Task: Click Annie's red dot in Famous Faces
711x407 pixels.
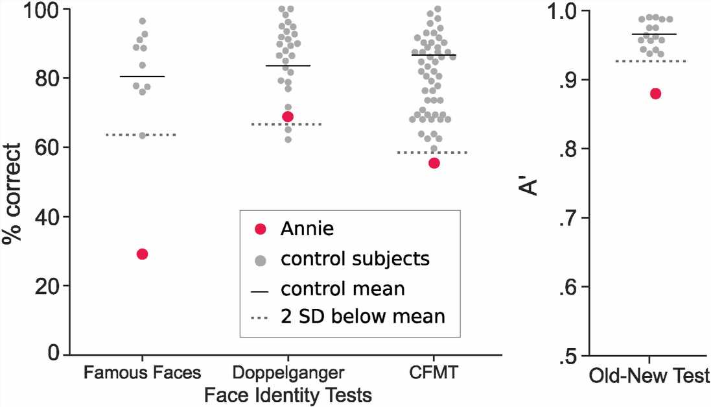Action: coord(143,254)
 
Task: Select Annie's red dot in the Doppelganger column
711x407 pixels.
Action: coord(287,117)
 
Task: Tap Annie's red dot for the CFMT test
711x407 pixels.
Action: coord(434,163)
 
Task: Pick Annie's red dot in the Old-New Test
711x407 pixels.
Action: coord(655,93)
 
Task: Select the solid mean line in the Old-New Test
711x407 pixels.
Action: coord(649,34)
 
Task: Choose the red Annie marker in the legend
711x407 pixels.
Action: coord(261,228)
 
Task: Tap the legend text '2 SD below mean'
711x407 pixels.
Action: coord(363,317)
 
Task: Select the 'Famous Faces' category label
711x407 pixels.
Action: coord(142,374)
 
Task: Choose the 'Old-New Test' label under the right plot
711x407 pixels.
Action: coord(649,376)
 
